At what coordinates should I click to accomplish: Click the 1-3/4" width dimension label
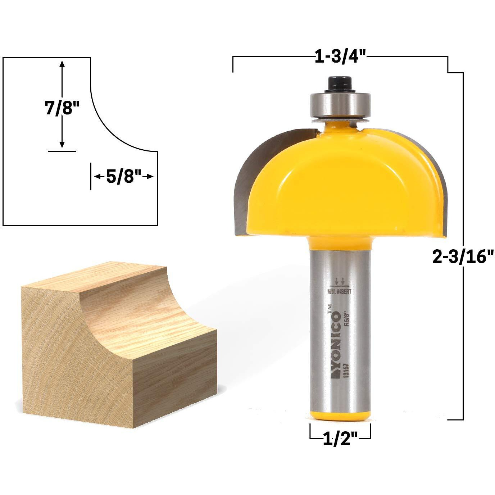pos(340,57)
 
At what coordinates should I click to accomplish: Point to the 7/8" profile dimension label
pos(62,108)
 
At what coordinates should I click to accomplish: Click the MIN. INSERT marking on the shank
pos(340,292)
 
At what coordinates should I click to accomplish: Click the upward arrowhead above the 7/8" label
pos(62,65)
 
